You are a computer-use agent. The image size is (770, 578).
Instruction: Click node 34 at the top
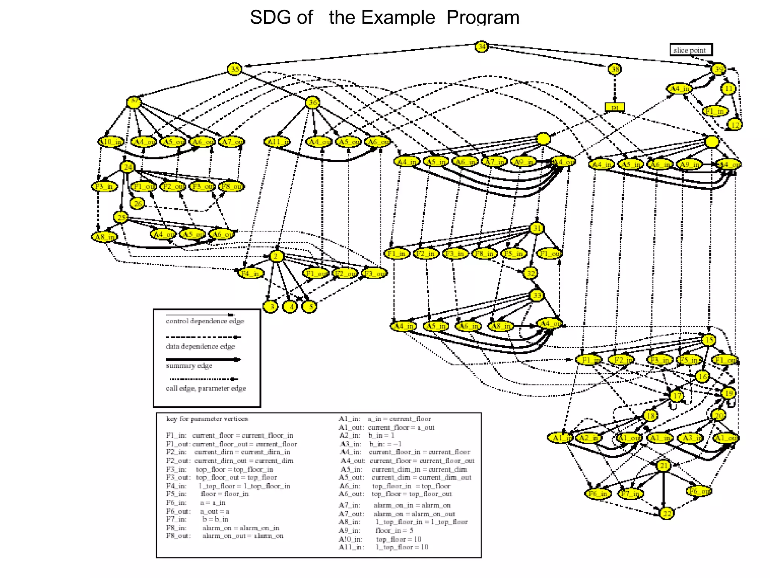coord(481,47)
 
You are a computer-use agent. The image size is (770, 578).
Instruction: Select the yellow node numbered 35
coord(235,69)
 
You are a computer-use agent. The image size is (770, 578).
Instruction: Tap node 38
coord(615,69)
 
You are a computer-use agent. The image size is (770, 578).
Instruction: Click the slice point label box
coord(691,50)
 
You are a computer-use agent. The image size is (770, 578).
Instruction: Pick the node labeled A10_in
coord(111,142)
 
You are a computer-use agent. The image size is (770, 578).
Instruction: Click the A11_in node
coord(277,142)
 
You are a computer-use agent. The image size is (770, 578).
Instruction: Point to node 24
coord(128,167)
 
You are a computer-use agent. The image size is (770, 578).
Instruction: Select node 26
coord(137,204)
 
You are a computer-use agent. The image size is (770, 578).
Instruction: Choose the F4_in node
coord(251,273)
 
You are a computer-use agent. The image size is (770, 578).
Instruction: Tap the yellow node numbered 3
coord(270,307)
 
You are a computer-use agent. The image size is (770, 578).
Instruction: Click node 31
coord(537,228)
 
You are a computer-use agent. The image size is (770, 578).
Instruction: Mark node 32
coord(530,273)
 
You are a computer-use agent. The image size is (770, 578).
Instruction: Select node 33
coord(537,295)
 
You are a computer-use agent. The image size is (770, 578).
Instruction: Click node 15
coord(709,340)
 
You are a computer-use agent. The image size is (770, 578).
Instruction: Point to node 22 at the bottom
coord(667,513)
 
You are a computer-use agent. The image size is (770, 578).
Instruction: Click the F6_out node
coord(699,491)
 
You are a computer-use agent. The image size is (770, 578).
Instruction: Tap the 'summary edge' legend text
coord(189,366)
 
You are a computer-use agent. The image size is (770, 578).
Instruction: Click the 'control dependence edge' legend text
coord(205,321)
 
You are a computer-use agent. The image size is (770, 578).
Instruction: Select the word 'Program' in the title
coord(483,17)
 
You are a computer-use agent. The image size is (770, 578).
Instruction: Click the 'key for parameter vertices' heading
coord(207,419)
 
